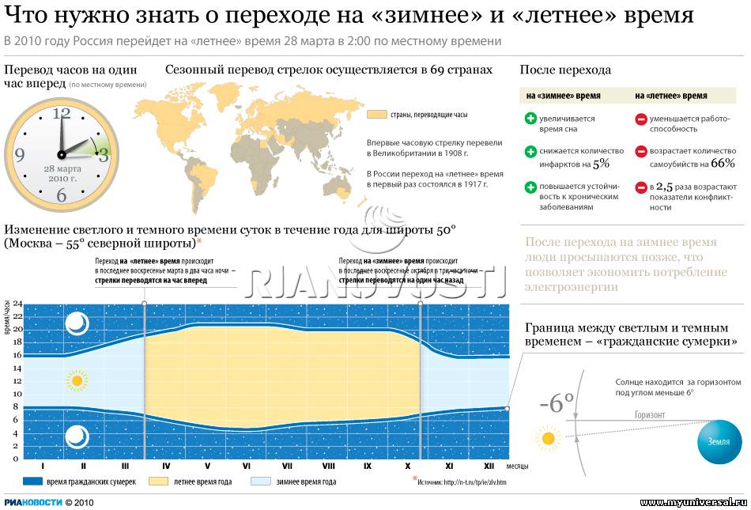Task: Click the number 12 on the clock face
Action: pos(61,113)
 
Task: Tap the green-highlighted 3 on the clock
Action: pos(103,154)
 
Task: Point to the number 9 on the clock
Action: pos(19,155)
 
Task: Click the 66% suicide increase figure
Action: pos(723,164)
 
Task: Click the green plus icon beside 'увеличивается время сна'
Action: pos(530,119)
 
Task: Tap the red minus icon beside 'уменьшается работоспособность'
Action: pos(641,119)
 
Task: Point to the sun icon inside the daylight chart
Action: pos(76,382)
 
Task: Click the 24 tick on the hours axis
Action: pos(17,304)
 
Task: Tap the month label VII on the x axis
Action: pos(287,467)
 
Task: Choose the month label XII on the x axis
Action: pos(489,467)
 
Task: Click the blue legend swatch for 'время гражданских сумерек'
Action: pos(32,481)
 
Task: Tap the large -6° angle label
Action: pos(557,403)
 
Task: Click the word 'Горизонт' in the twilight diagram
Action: pos(650,415)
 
